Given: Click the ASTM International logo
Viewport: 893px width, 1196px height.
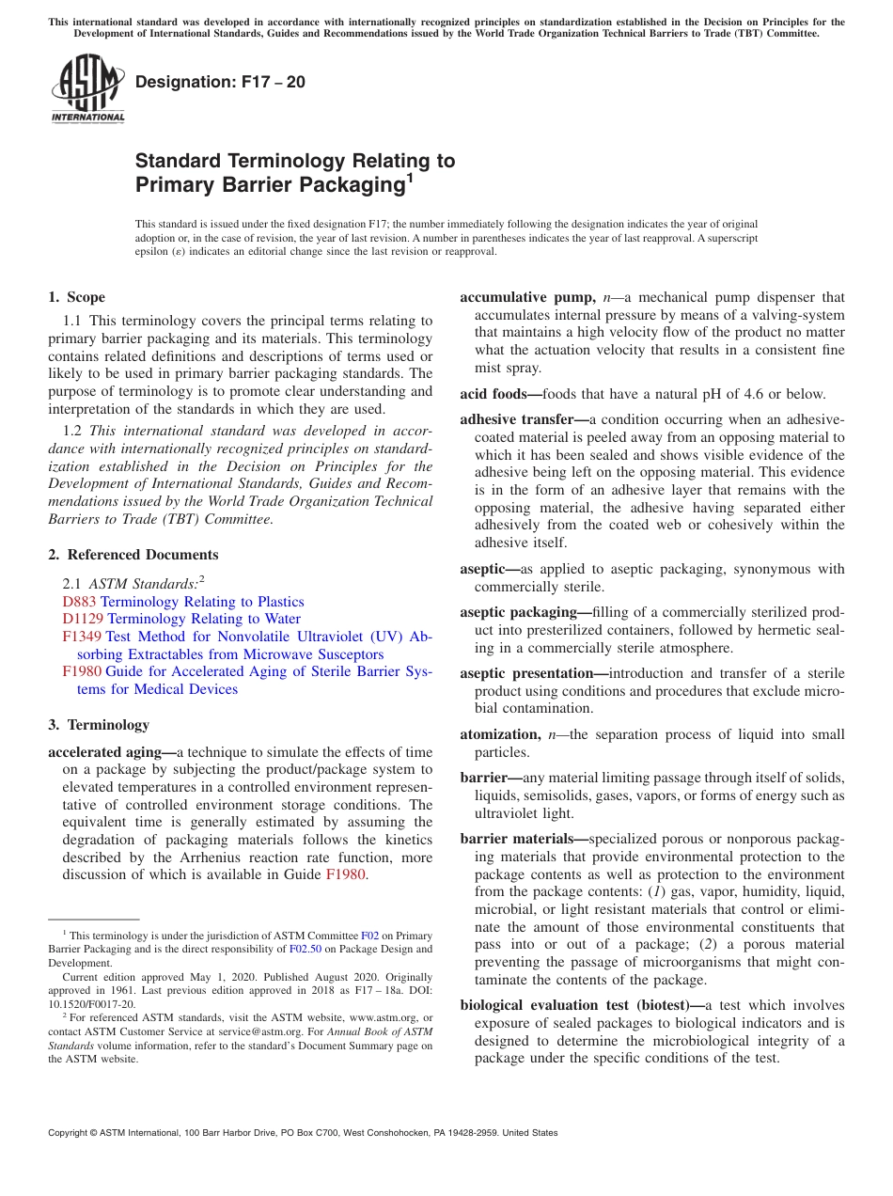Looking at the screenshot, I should click(87, 89).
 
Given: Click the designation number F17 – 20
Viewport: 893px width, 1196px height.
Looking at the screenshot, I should click(220, 82).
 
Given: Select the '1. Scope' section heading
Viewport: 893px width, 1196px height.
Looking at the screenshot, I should click(77, 297).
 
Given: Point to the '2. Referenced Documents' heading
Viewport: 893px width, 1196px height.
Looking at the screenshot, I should click(133, 555).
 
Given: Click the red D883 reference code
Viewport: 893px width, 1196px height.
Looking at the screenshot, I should click(79, 602).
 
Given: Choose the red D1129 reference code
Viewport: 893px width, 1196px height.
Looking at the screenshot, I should click(83, 619).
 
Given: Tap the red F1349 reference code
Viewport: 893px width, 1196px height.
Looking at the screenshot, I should click(82, 637).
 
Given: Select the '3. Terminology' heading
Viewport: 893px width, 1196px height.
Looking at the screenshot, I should click(99, 725).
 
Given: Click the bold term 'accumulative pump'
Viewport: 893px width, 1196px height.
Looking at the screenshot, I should click(526, 298).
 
